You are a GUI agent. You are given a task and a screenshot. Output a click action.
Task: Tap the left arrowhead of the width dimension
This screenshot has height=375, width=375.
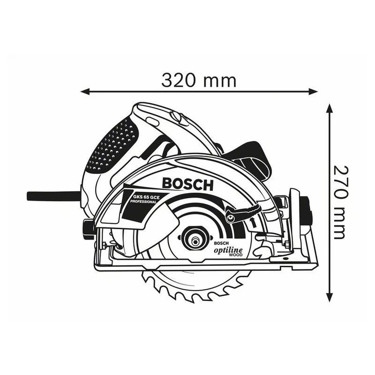(x=85, y=91)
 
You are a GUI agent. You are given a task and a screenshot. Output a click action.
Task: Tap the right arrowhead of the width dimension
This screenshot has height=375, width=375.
(x=313, y=91)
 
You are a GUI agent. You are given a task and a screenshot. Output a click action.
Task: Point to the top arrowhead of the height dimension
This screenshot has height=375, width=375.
(x=330, y=109)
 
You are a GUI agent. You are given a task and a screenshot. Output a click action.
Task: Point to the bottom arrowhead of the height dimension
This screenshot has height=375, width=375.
(x=330, y=298)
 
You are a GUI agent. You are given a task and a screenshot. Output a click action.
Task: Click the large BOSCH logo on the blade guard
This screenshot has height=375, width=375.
(x=187, y=184)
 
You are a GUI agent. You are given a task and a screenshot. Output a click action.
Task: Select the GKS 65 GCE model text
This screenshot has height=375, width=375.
(x=144, y=197)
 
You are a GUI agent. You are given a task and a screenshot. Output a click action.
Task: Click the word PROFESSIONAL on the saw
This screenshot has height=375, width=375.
(x=143, y=202)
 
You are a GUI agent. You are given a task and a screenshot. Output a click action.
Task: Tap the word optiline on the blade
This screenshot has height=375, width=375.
(x=228, y=250)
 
